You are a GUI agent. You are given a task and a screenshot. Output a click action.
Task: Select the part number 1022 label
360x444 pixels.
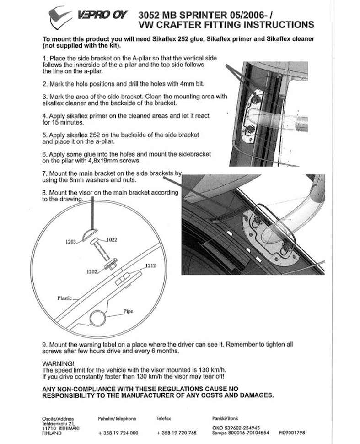[x=112, y=239]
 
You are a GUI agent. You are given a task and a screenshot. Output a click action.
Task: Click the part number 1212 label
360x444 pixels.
[x=151, y=265]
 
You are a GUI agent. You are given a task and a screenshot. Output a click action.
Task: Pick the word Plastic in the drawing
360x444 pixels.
[x=64, y=298]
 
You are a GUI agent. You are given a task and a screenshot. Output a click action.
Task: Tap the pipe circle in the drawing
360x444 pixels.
[x=99, y=317]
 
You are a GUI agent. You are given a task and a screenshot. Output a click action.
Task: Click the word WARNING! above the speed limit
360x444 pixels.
[x=55, y=363]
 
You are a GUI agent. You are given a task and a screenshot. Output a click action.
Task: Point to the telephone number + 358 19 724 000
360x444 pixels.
[x=118, y=433]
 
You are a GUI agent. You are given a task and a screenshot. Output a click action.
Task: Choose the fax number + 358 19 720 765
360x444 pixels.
[x=177, y=433]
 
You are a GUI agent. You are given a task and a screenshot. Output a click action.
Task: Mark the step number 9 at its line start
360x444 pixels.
[x=44, y=343]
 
